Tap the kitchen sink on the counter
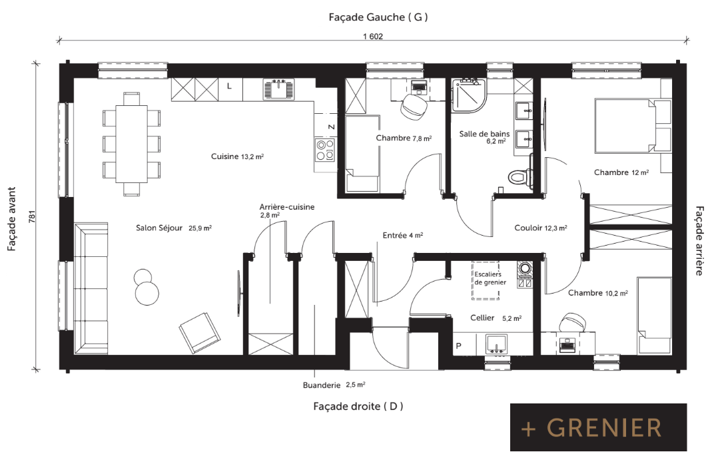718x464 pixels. tap(278, 89)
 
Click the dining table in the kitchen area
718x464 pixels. tap(131, 144)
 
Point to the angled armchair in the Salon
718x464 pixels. tap(200, 333)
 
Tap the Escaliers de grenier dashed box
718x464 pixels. tap(486, 280)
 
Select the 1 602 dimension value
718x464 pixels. tap(373, 36)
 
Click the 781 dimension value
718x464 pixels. tap(31, 216)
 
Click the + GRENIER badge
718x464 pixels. tap(598, 427)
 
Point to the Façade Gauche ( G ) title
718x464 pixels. tap(378, 17)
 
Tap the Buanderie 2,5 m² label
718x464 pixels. tap(334, 385)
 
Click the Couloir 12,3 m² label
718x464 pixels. tap(541, 228)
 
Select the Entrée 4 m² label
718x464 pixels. tap(402, 235)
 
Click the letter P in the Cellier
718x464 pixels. tap(458, 346)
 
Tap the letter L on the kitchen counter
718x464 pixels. tap(229, 86)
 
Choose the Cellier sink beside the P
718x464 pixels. tap(497, 344)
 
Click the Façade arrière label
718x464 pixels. tap(699, 241)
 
